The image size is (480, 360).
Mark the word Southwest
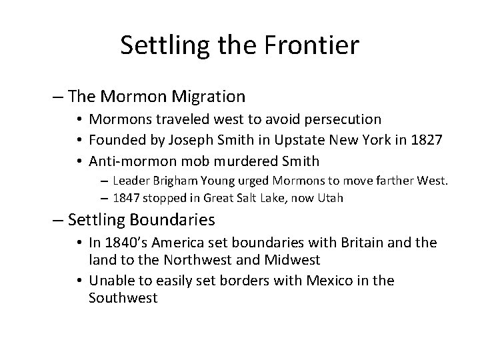(x=123, y=298)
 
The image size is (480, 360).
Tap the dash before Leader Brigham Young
(x=107, y=180)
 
